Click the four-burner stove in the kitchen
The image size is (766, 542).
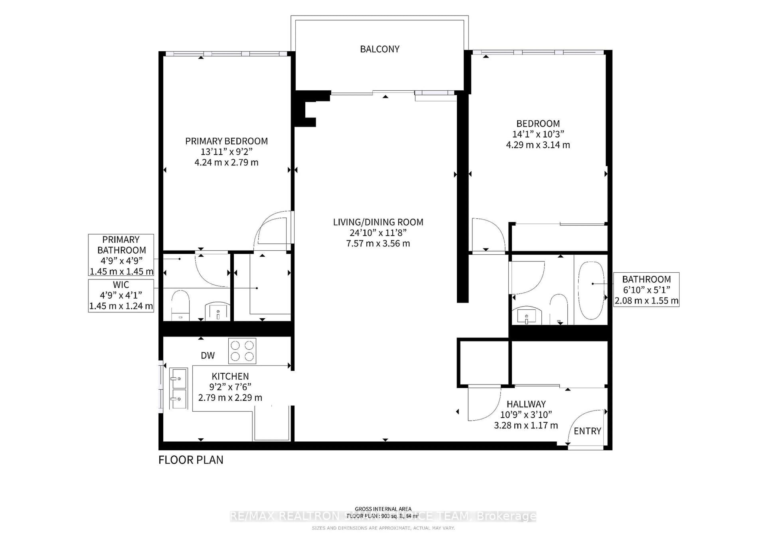tap(242, 351)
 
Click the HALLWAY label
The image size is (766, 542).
tap(526, 404)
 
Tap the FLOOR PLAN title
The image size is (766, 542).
tap(191, 460)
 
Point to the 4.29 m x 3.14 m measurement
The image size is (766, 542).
tap(538, 145)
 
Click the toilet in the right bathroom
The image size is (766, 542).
tap(559, 309)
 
